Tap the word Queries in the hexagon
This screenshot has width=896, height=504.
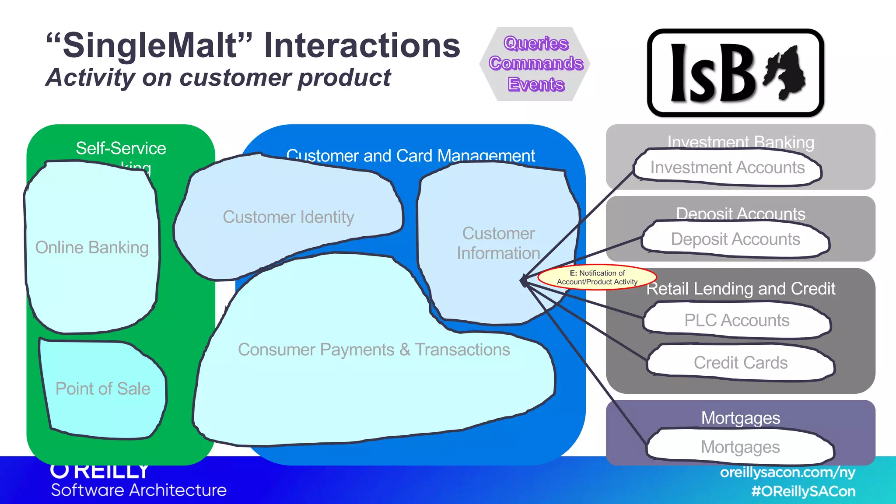[536, 43]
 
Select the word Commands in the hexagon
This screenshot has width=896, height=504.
[536, 63]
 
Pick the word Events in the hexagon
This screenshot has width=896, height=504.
[536, 84]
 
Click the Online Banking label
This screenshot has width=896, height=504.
[92, 248]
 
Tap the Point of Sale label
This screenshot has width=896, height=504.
[103, 389]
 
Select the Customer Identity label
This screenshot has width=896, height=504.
[288, 217]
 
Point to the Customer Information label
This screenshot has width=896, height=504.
[498, 243]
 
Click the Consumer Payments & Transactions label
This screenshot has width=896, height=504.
[374, 350]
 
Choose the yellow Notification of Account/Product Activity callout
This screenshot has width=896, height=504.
[597, 277]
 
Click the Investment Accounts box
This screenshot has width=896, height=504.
[727, 168]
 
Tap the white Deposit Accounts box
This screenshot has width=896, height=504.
[735, 239]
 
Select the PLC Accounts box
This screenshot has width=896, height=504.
[737, 320]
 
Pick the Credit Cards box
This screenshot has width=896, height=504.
[740, 363]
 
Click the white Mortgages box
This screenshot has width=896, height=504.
[740, 447]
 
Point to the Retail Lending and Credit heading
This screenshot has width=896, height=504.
[741, 289]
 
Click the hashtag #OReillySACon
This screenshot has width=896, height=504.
[803, 491]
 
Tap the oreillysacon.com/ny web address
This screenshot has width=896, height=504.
[787, 472]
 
